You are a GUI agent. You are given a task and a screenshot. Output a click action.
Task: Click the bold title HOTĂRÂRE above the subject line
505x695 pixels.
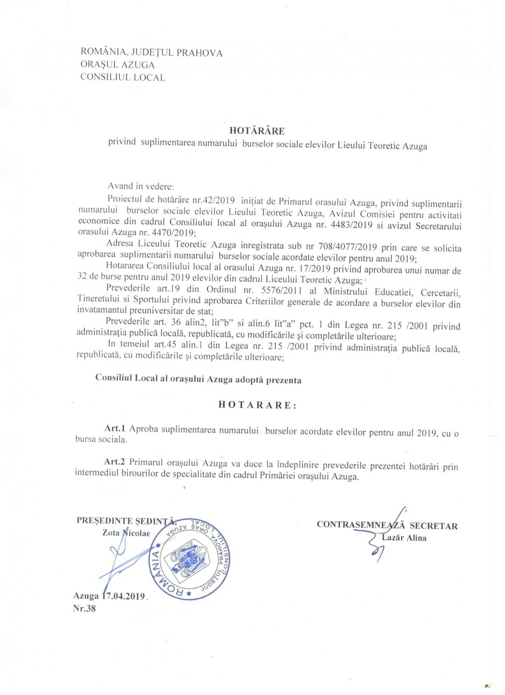click(x=257, y=131)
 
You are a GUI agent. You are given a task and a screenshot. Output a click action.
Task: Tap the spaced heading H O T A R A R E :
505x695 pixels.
click(x=257, y=405)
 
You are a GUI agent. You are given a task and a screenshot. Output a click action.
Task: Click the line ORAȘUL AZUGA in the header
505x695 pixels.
click(x=118, y=65)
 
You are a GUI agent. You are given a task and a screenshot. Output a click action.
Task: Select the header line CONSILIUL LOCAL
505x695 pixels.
click(x=123, y=77)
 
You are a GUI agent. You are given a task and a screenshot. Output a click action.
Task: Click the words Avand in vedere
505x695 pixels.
click(x=141, y=186)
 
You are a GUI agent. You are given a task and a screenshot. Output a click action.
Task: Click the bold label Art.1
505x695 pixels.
click(x=115, y=428)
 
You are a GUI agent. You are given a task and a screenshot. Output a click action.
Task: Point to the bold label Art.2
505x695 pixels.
click(x=114, y=462)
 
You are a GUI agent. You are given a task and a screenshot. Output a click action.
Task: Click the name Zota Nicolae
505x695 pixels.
click(x=126, y=533)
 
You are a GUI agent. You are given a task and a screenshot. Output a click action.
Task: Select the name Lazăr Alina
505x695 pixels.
click(x=404, y=538)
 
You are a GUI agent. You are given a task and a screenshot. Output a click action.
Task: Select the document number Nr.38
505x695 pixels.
click(x=84, y=608)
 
